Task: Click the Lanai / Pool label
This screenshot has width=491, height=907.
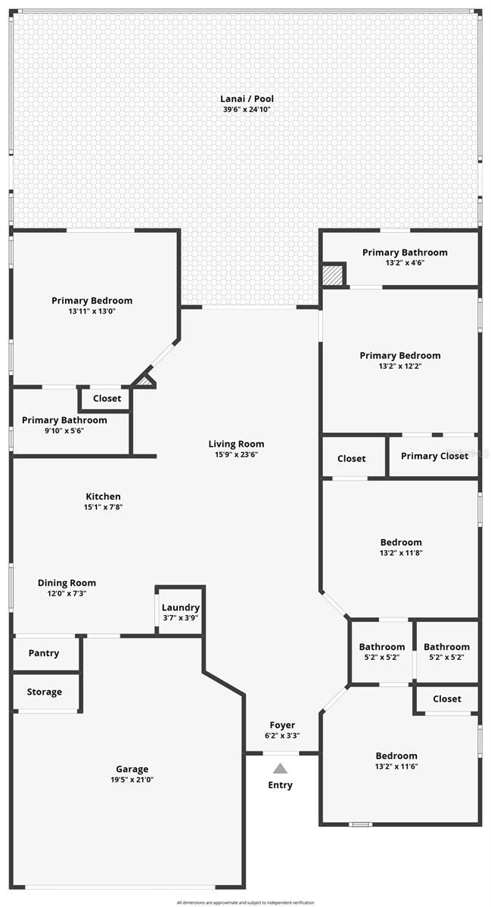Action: coord(247,98)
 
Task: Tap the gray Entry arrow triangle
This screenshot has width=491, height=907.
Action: coord(280,769)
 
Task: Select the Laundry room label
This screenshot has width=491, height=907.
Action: coord(181,608)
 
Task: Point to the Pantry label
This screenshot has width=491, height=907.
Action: coord(44,653)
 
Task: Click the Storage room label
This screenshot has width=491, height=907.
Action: coord(44,692)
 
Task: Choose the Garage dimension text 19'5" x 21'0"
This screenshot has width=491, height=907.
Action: coord(132,780)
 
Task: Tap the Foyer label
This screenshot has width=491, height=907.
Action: coord(283,725)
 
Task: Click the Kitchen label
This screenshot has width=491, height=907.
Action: coord(103,497)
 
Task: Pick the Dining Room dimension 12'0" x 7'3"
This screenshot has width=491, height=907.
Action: coord(67,593)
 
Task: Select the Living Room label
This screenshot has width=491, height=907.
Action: coord(237,444)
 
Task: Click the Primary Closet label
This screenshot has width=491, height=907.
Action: coord(434,456)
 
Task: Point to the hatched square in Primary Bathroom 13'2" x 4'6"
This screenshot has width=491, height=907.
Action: coord(333,274)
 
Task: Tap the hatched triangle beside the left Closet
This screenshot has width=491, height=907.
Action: coord(145,382)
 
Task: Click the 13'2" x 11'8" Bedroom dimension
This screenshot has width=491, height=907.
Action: coord(401,553)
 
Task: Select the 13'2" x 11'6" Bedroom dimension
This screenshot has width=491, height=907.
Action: coord(396,766)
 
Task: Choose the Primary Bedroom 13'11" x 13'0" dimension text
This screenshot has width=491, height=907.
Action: coord(92,311)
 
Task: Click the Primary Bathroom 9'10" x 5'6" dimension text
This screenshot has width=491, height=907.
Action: coord(64,430)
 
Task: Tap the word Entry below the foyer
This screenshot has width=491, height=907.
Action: coord(280,785)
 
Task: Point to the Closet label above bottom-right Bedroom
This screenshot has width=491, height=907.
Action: coord(447,699)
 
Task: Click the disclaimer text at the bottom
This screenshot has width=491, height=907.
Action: coord(245,902)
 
